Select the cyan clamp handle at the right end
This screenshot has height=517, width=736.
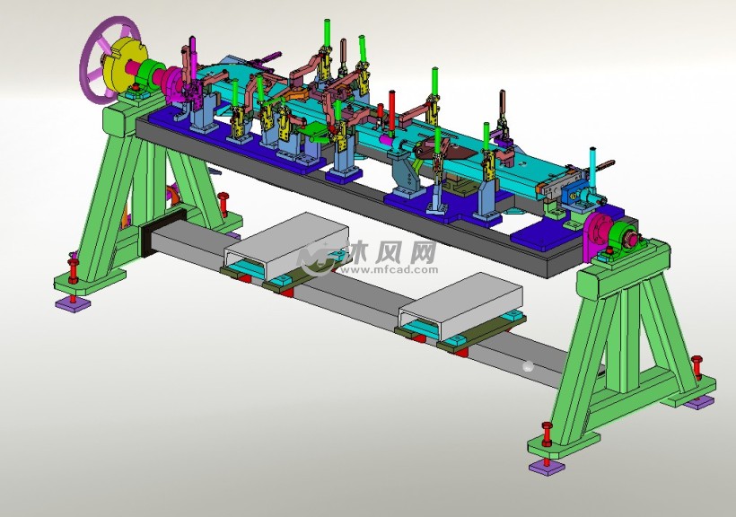592,165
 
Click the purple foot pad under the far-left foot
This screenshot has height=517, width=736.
72,304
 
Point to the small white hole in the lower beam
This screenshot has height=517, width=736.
528,365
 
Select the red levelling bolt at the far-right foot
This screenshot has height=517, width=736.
697,366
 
